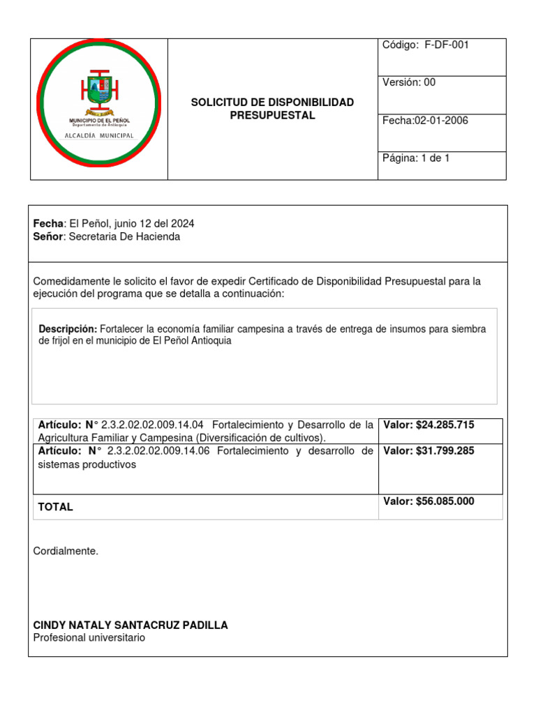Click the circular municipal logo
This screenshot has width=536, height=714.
98,103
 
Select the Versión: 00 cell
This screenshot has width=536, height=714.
441,94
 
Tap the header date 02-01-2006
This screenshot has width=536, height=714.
441,121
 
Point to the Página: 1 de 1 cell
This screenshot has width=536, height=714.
441,165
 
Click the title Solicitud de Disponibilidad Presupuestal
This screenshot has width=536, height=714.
272,109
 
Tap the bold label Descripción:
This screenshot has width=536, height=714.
68,328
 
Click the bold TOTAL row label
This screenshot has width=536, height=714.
56,507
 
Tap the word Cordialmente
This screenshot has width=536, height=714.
66,552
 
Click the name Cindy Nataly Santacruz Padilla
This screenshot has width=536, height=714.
131,625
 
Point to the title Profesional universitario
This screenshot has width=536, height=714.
89,637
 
